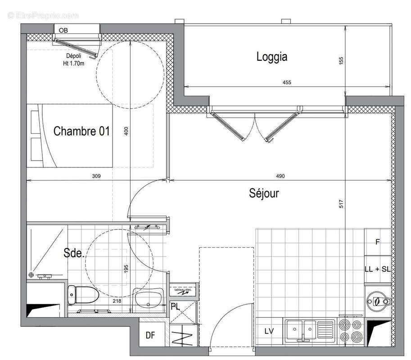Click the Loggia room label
coord(271,57)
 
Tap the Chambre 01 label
coord(81,131)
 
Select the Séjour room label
coord(264,193)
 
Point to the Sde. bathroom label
coord(74,253)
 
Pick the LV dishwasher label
coord(269,332)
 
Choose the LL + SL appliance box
coord(377,269)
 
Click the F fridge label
coord(378,242)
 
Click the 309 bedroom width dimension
coord(95,176)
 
